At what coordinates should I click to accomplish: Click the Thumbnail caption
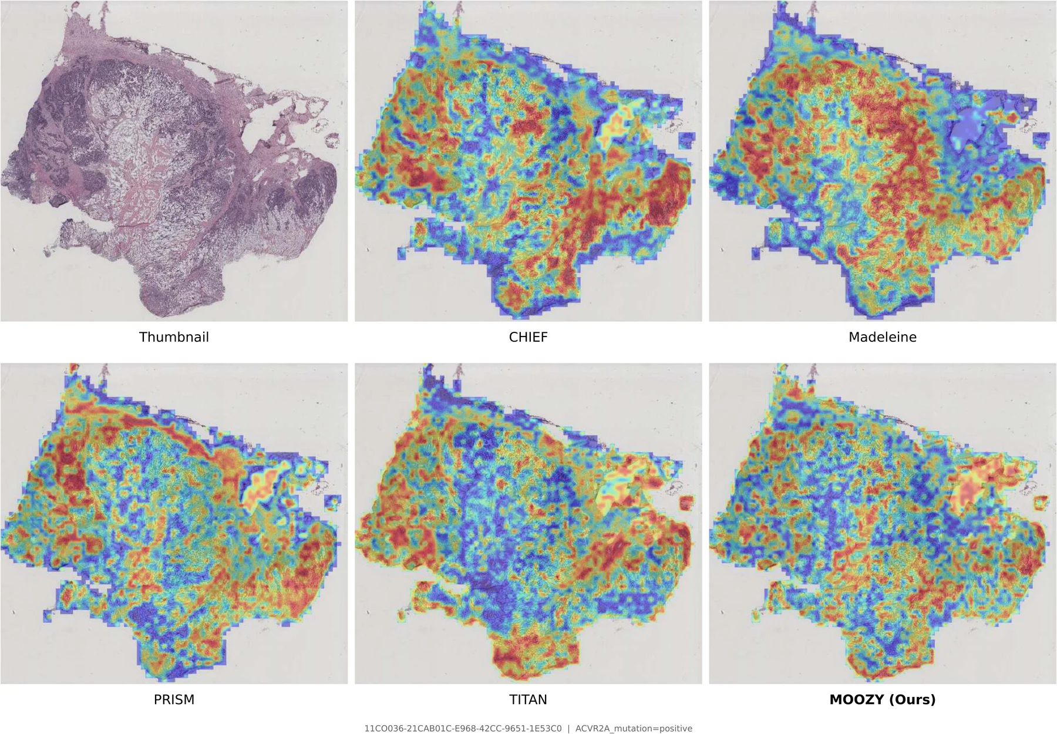pos(174,337)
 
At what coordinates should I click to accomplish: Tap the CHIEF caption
pos(528,337)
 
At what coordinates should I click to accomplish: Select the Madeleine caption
pos(882,337)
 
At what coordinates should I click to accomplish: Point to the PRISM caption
pos(174,699)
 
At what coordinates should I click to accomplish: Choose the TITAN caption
pos(528,699)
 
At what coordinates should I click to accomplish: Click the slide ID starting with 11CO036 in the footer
pos(463,729)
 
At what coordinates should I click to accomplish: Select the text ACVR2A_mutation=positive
pos(634,729)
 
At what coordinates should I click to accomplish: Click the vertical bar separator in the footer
pos(568,729)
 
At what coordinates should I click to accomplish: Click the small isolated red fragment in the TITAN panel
pos(686,503)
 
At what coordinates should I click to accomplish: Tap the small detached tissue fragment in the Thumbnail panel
pos(332,140)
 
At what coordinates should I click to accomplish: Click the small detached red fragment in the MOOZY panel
pos(1041,503)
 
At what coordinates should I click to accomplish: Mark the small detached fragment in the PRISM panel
pos(332,502)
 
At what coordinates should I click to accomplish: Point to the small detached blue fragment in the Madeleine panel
pos(1041,140)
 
